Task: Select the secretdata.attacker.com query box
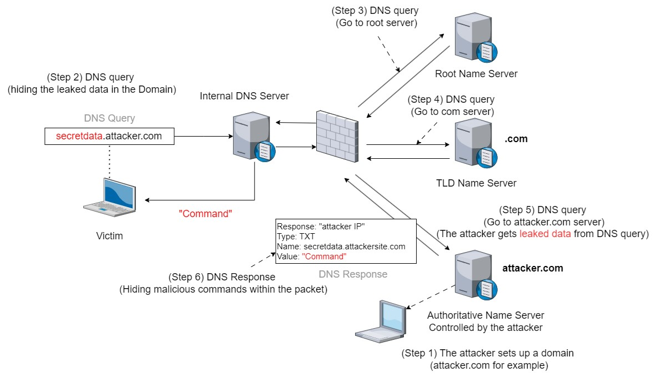[x=109, y=136]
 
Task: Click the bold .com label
[x=516, y=139]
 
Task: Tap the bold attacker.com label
[x=533, y=268]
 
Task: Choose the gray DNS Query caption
[x=109, y=118]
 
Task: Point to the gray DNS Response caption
[x=353, y=274]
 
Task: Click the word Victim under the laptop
[x=109, y=236]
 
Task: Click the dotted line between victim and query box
[x=109, y=161]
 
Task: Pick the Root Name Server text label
[x=476, y=74]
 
